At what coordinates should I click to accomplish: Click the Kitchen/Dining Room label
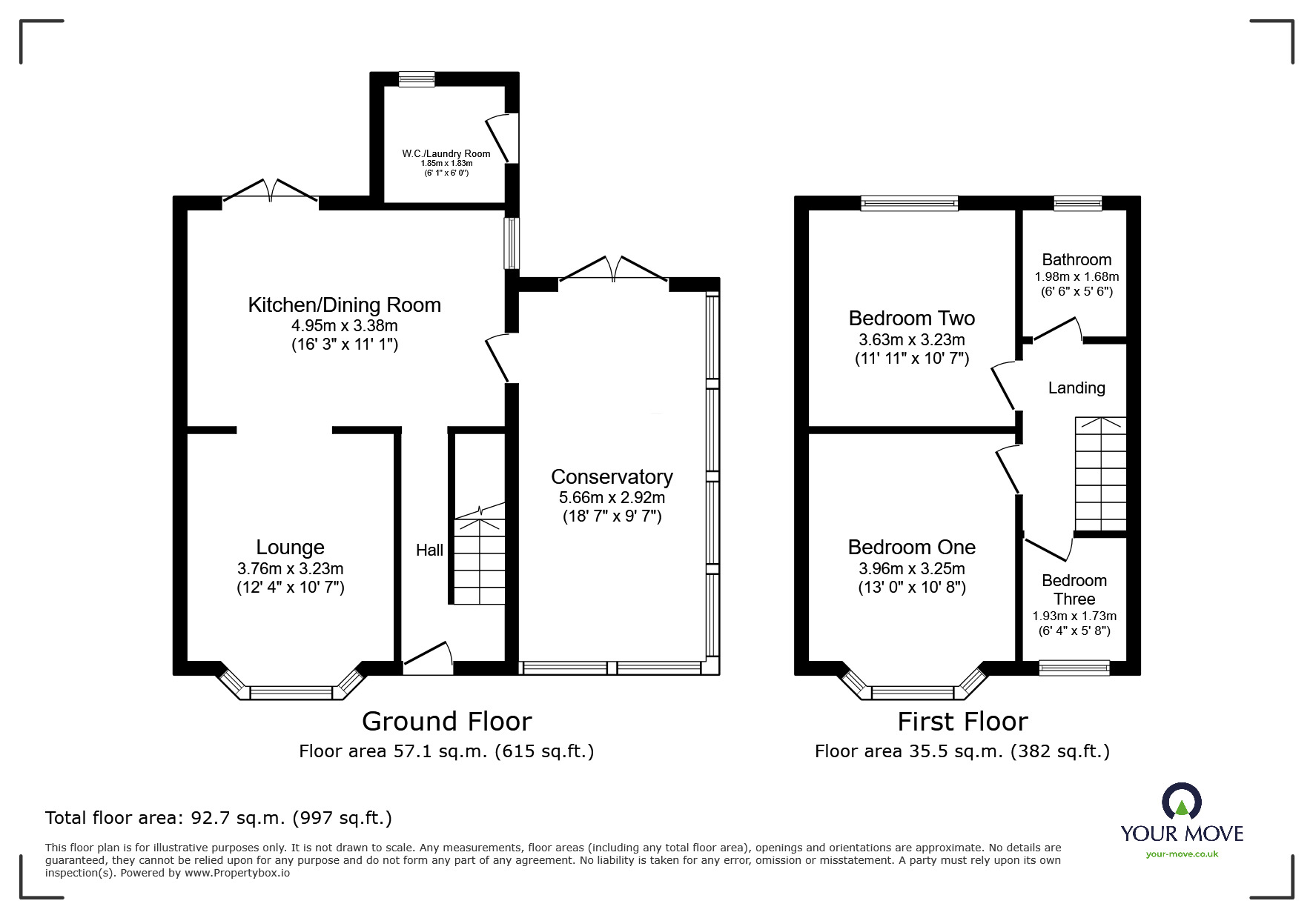coord(344,305)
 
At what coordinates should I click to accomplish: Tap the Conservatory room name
coord(612,476)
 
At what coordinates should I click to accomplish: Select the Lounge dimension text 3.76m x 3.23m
coord(291,569)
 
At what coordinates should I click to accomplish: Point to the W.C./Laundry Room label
coord(446,153)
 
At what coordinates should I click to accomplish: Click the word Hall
coord(429,550)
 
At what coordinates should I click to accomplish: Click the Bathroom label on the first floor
coord(1076,259)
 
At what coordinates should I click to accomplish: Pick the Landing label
coord(1076,388)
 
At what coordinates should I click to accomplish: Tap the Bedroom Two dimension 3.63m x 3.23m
coord(912,340)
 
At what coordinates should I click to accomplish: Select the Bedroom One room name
coord(912,547)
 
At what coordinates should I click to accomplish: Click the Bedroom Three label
coord(1074,590)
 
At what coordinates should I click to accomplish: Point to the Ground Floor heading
coord(447,721)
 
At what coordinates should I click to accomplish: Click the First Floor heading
coord(963,721)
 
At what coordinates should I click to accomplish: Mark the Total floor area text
coord(219,818)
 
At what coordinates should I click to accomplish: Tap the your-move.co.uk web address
coord(1182,854)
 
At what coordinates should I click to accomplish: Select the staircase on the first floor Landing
coord(1101,474)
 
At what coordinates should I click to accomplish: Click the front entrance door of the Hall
coord(428,659)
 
